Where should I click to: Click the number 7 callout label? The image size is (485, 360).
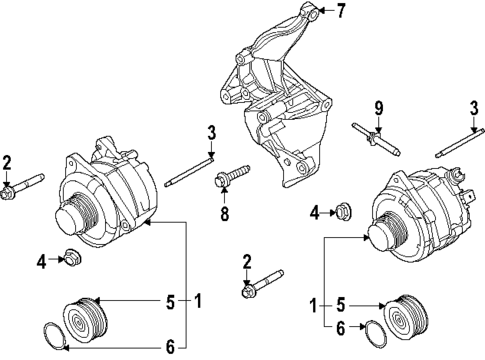[341, 12]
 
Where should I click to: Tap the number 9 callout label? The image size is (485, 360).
[378, 108]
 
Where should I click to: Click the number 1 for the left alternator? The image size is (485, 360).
[199, 299]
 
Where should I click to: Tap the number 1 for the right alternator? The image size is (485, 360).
[313, 303]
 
